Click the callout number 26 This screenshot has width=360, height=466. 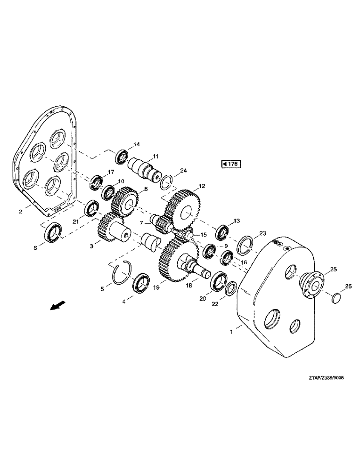click(x=348, y=286)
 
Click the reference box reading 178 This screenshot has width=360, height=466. click(x=230, y=164)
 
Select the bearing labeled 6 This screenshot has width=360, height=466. click(x=52, y=232)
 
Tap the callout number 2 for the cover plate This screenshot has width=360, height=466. click(x=21, y=212)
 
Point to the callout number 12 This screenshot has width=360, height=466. click(x=201, y=186)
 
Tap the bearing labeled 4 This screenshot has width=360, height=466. click(x=141, y=284)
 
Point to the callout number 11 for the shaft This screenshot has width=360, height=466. click(x=156, y=156)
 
